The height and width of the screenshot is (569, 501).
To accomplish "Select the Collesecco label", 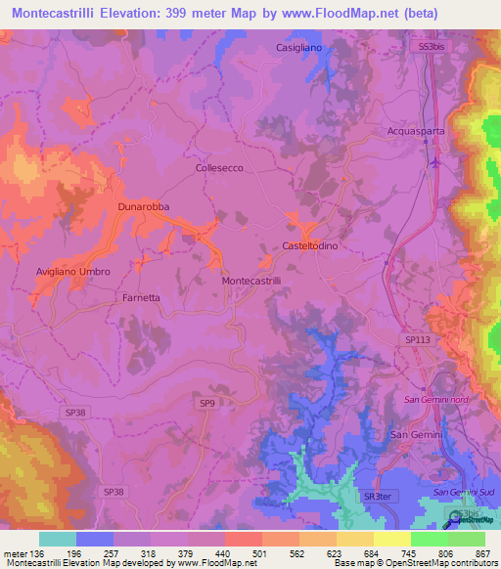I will pos(219,168).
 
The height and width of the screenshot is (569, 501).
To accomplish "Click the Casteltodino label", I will pos(310,246).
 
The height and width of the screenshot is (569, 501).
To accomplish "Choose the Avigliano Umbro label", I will pos(73,272).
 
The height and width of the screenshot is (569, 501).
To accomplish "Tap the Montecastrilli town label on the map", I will pos(252,281).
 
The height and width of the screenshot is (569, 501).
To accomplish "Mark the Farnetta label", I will pos(141,296).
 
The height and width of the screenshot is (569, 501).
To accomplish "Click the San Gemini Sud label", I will pos(460,491).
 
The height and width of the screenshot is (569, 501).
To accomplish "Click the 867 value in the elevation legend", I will pos(483,552).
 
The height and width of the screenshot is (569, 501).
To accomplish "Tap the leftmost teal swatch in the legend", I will pos(58,539).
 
